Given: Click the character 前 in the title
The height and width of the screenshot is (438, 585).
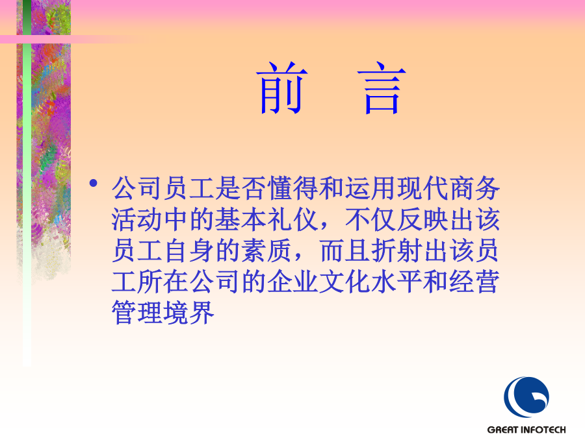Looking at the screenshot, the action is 282,88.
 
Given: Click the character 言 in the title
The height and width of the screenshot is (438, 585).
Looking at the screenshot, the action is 382,88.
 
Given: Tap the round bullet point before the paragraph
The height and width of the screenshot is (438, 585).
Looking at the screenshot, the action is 93,183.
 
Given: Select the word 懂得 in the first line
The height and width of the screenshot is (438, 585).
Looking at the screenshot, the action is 279,188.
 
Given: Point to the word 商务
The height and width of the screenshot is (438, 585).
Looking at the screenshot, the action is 474,188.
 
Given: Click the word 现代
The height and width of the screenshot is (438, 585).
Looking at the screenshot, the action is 422,188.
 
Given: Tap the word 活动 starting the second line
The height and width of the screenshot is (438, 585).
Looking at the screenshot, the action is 137,219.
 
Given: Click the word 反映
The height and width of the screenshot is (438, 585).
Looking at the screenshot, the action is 422,219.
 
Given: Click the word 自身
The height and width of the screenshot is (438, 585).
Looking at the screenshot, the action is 189,250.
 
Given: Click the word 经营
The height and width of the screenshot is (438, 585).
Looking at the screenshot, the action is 474,282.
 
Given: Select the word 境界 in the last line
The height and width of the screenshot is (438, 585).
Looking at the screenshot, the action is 189,313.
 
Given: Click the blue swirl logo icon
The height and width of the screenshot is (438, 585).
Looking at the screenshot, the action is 526,396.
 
